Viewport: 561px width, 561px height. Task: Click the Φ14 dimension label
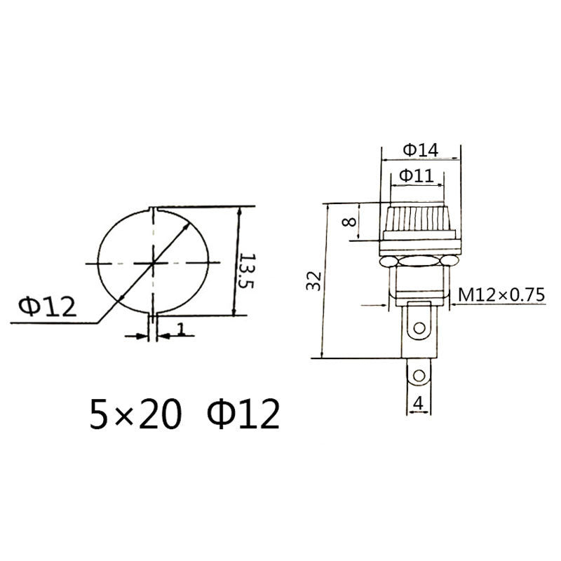click(421, 149)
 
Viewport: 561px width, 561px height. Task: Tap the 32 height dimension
click(316, 280)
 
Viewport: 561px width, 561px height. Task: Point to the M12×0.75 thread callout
click(501, 295)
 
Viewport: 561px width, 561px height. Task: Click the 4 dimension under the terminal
click(419, 403)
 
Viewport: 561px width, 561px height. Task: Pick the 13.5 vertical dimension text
click(245, 273)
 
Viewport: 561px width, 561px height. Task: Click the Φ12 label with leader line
click(46, 306)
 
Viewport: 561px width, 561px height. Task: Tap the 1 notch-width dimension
click(181, 328)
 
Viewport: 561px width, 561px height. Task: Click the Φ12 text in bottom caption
click(243, 414)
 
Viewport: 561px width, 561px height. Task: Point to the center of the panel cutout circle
click(153, 263)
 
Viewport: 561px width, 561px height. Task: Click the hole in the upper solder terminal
click(419, 327)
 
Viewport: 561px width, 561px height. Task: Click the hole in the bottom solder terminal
click(419, 377)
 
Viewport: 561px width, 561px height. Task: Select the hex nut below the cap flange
click(419, 262)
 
